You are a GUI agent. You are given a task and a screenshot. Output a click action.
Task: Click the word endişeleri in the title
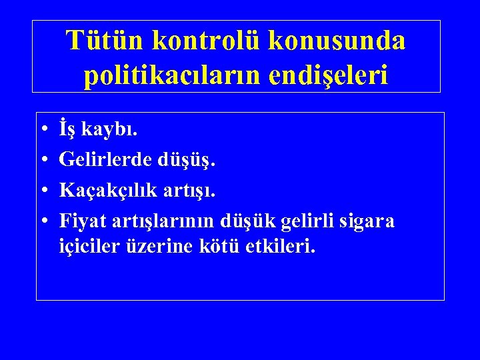pyautogui.click(x=333, y=75)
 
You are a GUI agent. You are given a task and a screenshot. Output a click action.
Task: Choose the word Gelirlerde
pyautogui.click(x=106, y=160)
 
